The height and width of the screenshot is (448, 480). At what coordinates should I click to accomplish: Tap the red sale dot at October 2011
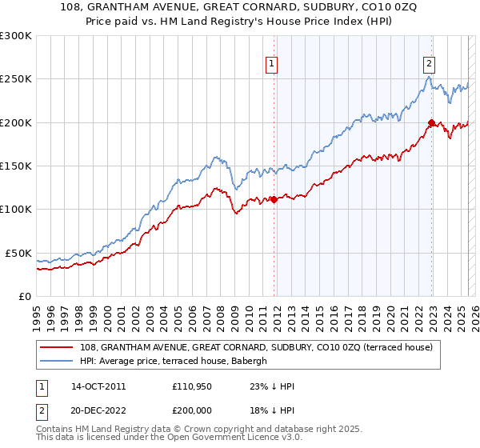(x=274, y=199)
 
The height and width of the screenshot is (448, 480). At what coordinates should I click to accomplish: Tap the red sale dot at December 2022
(x=431, y=122)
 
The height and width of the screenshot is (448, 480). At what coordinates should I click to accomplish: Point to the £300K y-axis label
(x=15, y=36)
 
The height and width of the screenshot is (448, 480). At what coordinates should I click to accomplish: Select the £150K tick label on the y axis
(x=15, y=166)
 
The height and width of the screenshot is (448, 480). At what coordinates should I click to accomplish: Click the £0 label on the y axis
(x=23, y=296)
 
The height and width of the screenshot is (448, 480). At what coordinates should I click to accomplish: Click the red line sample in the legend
(x=57, y=347)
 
